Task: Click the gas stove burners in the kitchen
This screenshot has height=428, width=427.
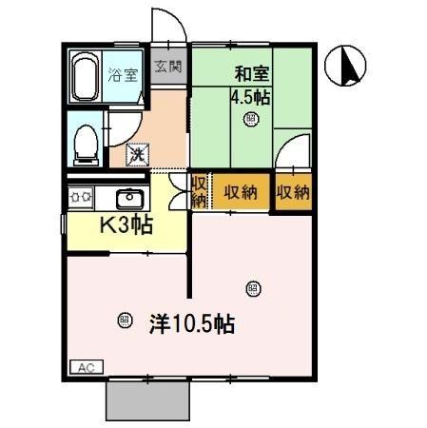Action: click(79, 198)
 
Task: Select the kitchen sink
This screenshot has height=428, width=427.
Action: click(130, 199)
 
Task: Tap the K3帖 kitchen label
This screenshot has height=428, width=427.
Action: click(127, 226)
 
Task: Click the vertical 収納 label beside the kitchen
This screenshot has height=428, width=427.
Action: click(200, 191)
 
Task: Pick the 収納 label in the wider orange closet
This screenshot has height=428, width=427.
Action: click(241, 191)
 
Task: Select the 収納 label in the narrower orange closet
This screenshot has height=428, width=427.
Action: click(294, 191)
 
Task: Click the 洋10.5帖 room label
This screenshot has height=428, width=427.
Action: click(191, 323)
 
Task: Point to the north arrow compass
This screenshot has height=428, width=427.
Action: click(347, 67)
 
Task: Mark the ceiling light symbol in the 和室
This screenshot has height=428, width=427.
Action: click(251, 120)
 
